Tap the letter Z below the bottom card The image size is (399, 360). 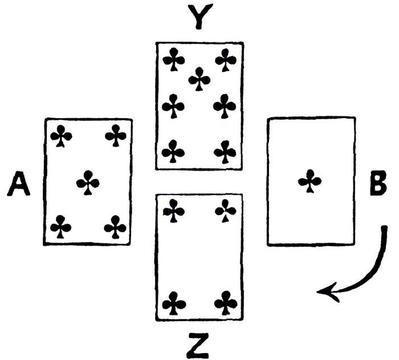199,345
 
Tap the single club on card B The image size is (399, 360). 310,181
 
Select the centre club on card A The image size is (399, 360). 88,183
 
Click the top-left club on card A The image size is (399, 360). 61,136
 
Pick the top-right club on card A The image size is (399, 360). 116,136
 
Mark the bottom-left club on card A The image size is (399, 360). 61,226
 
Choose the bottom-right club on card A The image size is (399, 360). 116,226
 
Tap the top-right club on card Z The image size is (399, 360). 226,211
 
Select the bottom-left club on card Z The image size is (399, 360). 173,302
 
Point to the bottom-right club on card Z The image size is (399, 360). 226,302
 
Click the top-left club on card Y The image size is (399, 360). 173,59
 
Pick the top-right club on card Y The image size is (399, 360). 226,59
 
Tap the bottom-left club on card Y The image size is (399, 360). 173,152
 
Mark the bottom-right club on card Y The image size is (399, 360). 226,152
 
